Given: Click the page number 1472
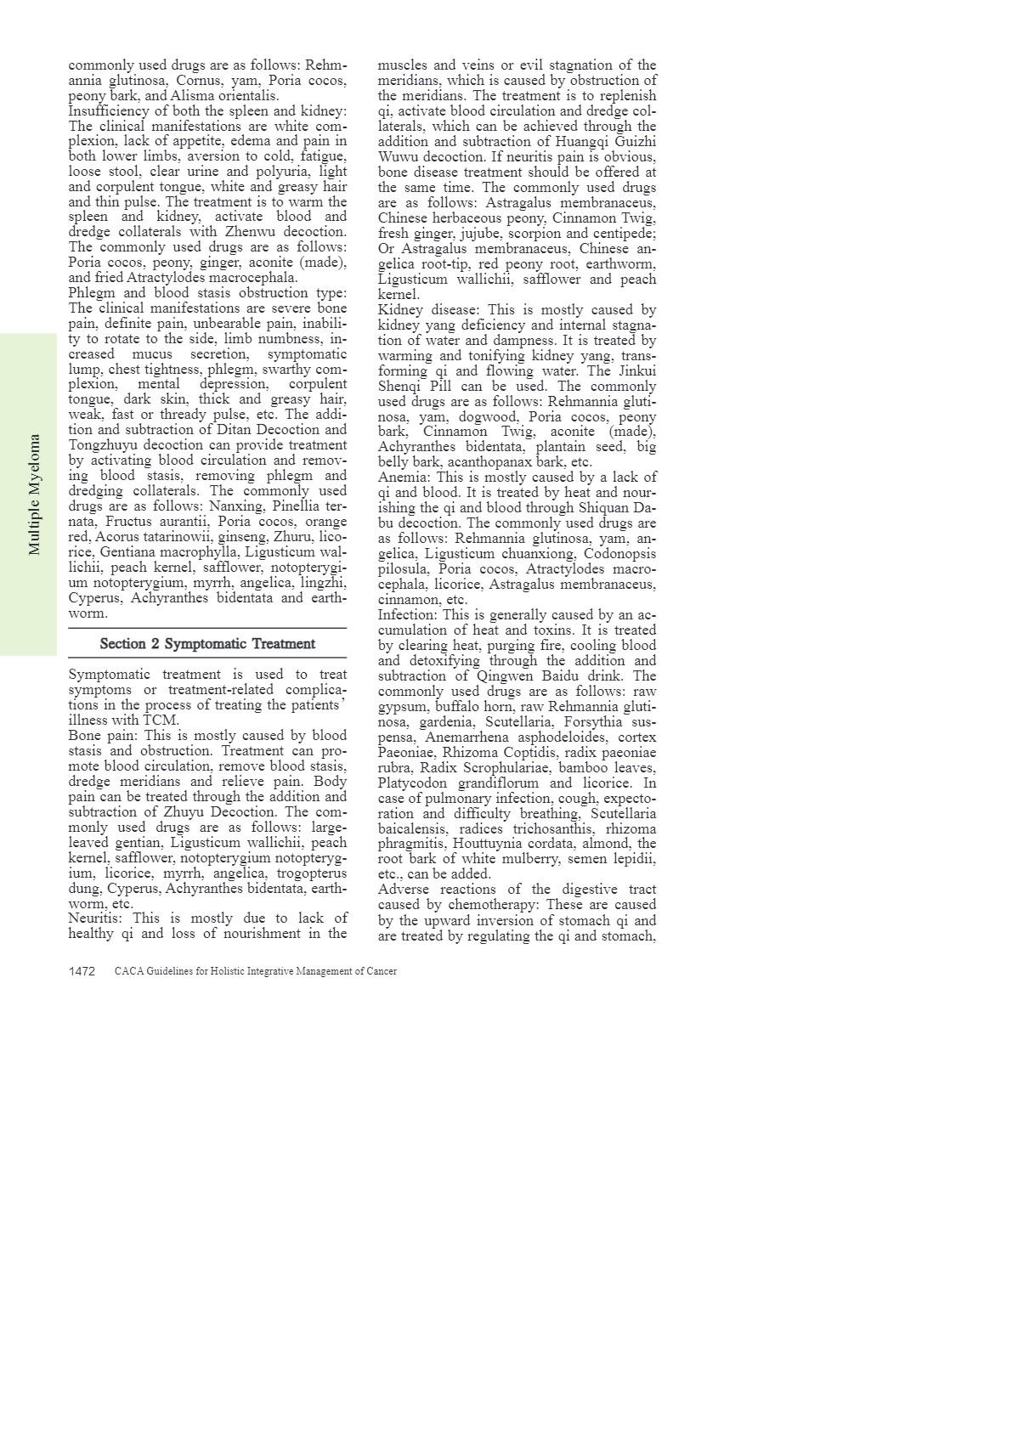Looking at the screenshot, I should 82,971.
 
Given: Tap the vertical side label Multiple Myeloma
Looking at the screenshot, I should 35,494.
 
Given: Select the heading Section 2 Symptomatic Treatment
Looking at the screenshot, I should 207,644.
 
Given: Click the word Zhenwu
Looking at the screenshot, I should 250,232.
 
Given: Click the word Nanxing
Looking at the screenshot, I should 236,506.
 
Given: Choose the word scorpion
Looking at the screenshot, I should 535,234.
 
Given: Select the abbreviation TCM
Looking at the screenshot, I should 161,720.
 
